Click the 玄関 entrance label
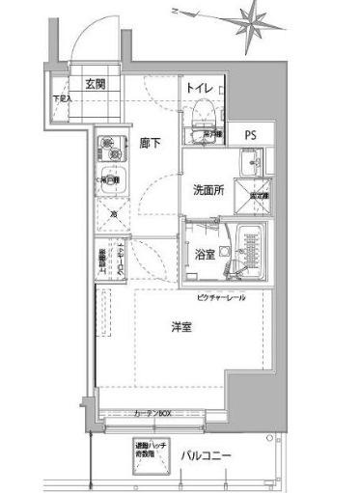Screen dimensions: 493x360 (x=94, y=82)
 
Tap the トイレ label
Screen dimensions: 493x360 (x=199, y=87)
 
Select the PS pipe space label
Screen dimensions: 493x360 (x=249, y=135)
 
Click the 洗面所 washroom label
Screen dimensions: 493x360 (x=208, y=190)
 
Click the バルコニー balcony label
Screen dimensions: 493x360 (x=205, y=455)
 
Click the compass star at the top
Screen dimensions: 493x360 (x=258, y=21)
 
